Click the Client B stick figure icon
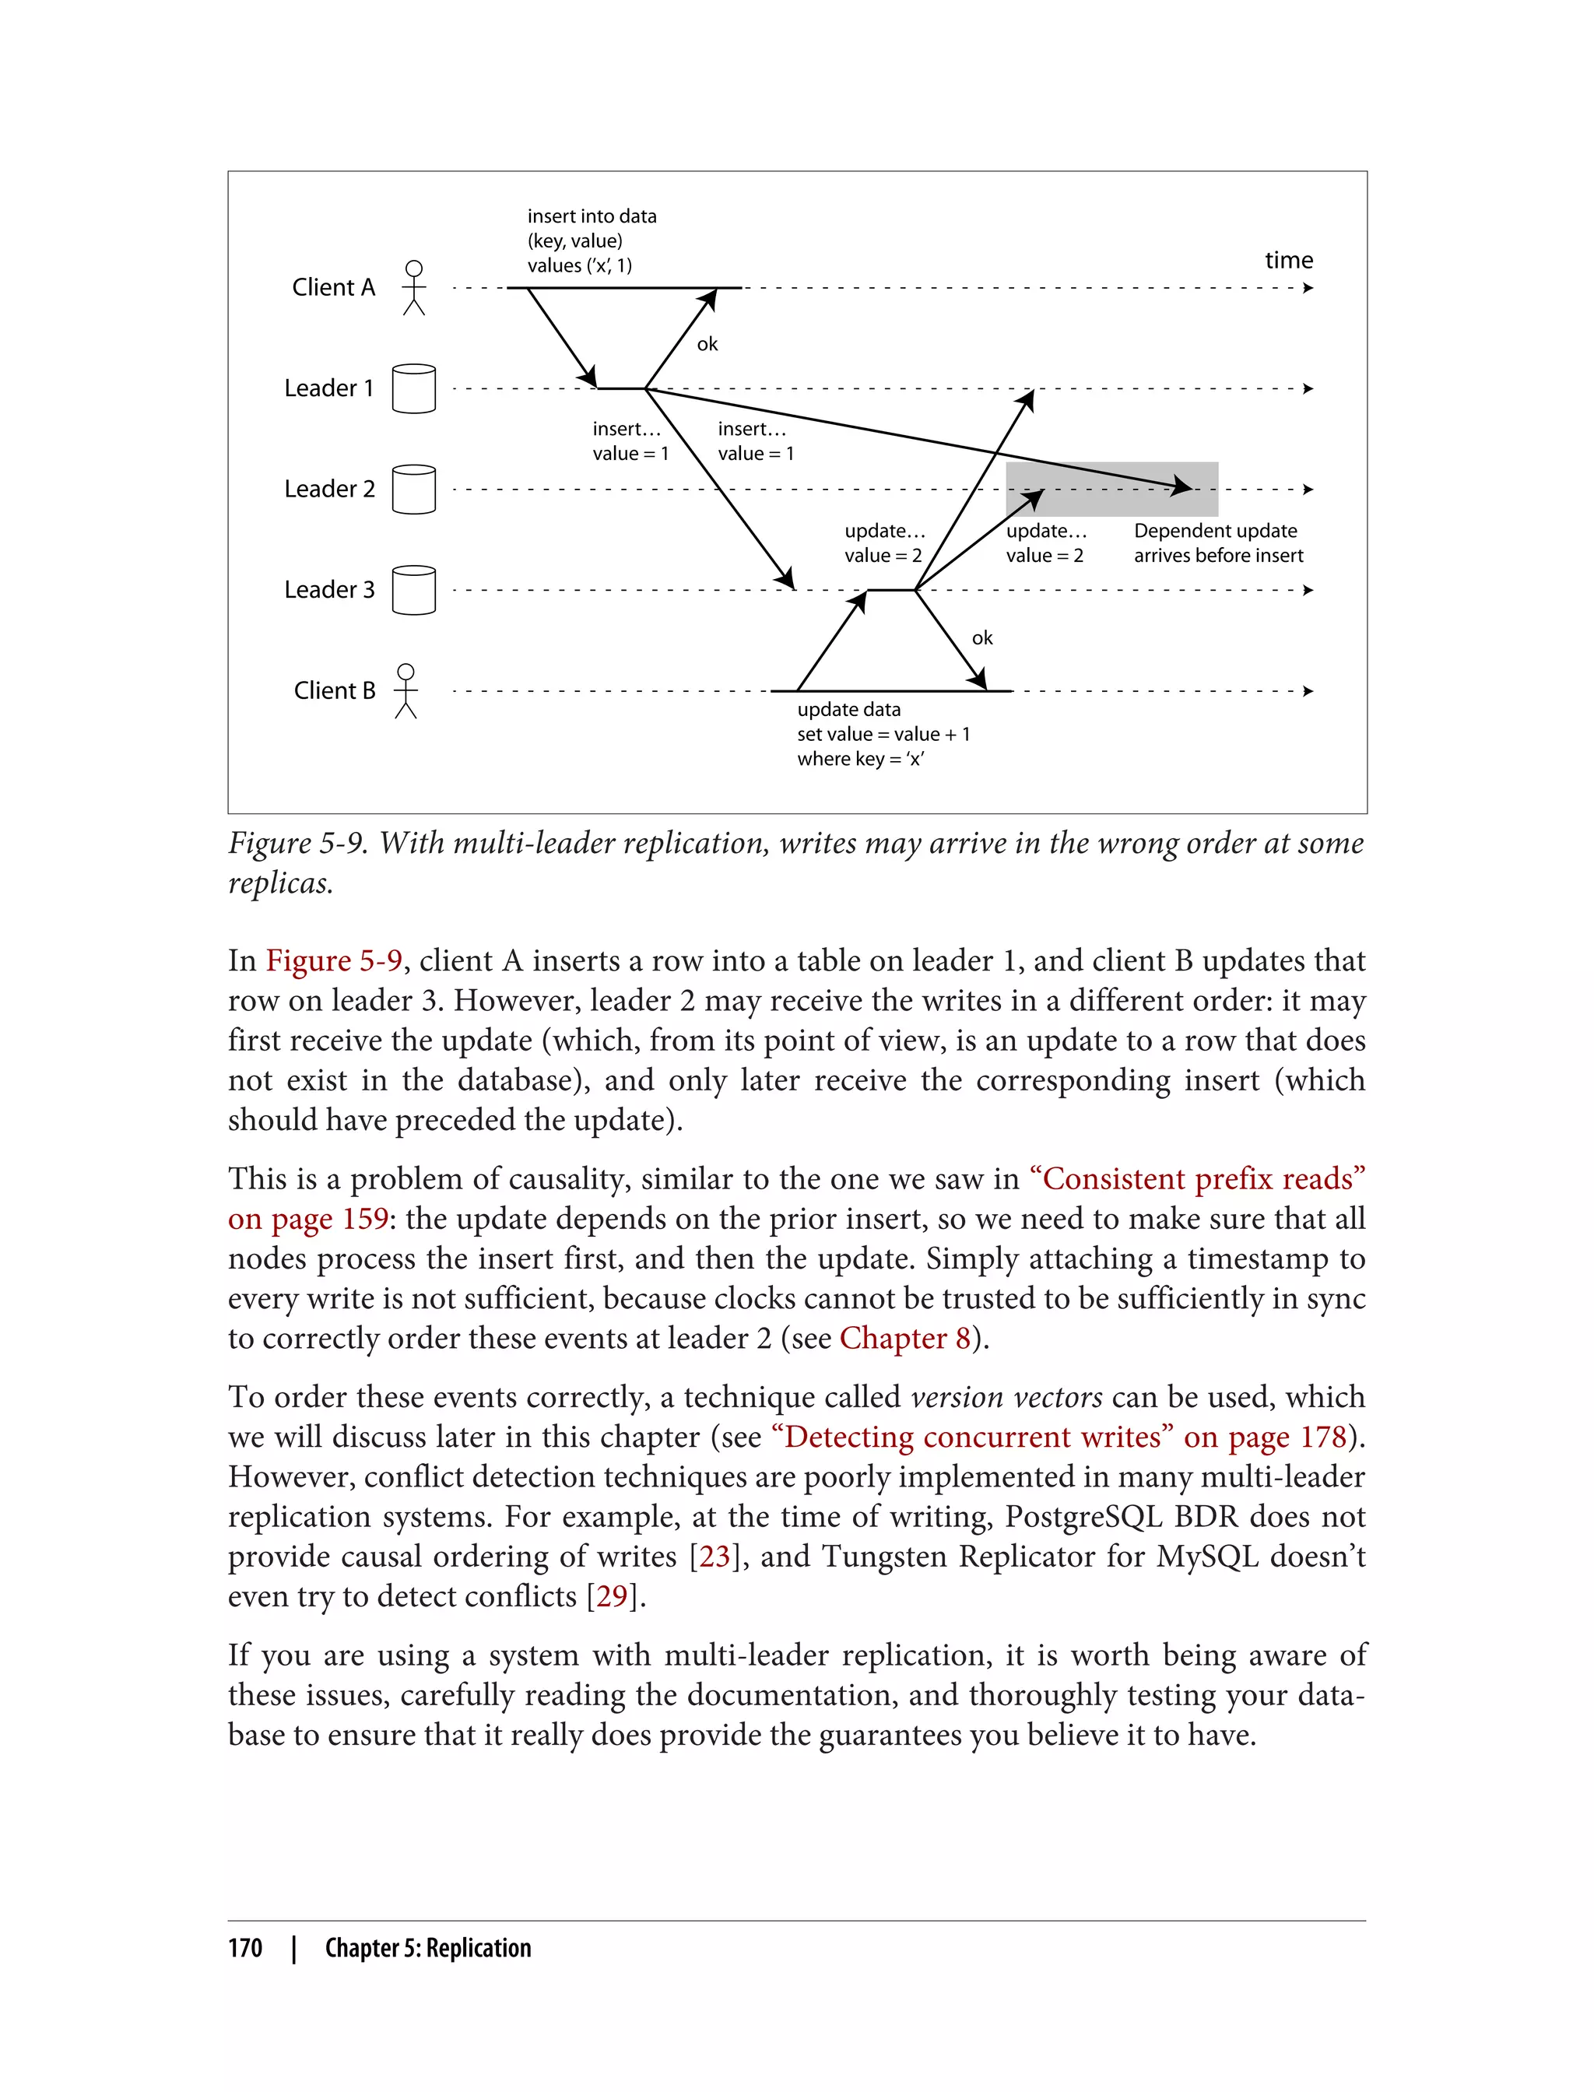[406, 690]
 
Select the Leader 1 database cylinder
[414, 388]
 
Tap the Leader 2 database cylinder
[414, 490]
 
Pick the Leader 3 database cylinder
[414, 590]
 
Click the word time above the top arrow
[1288, 260]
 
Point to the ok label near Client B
[982, 638]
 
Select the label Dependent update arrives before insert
[1218, 542]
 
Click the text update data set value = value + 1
[883, 733]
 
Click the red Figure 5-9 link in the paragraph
[334, 961]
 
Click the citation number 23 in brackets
[714, 1556]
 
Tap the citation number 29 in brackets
[611, 1595]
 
